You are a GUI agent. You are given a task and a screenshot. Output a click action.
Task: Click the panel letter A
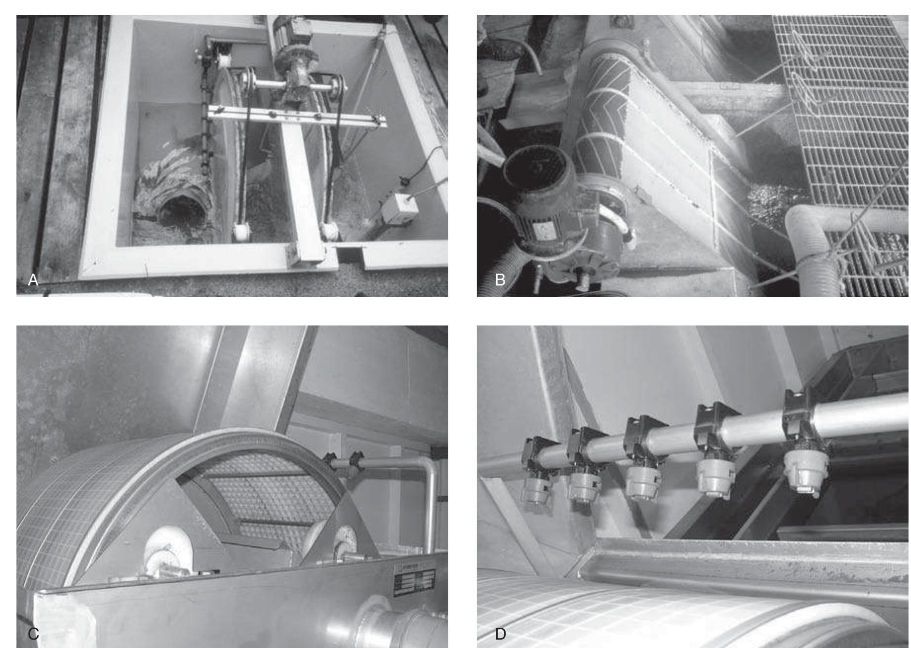pos(33,280)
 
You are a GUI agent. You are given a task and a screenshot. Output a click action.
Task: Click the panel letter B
pos(500,280)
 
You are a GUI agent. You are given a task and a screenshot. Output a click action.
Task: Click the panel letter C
pos(33,634)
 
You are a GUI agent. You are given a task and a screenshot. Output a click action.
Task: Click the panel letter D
pos(500,634)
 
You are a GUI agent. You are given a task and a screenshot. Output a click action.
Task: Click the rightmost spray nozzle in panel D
pos(804,469)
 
